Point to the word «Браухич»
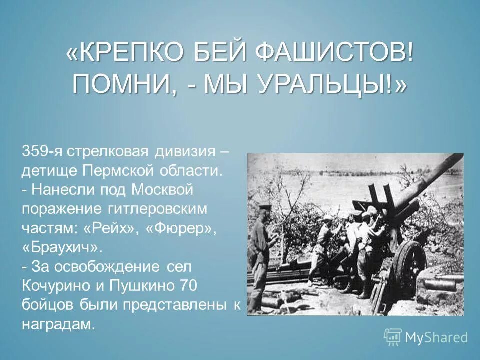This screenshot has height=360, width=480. tap(62, 247)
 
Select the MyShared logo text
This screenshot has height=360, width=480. tap(436, 337)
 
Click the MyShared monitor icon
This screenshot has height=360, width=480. tap(393, 337)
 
